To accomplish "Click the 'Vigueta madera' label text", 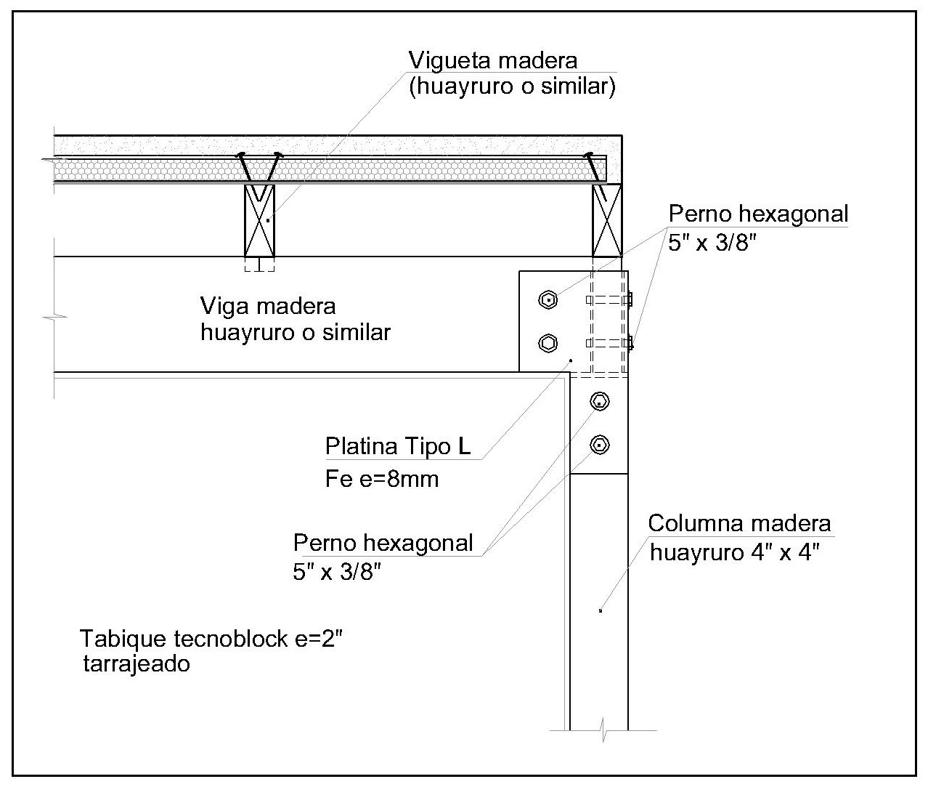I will pos(493,60).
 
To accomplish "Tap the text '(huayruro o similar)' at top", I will pos(512,86).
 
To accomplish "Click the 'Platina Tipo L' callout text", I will pos(398,445).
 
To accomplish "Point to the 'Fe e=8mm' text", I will pos(382,480).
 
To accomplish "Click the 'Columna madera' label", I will pos(739,523).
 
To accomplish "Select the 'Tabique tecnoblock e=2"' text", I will pos(211,639).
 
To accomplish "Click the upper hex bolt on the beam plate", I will pos(549,299).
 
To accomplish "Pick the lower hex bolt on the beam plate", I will pos(549,343).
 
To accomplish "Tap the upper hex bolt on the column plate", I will pos(599,400).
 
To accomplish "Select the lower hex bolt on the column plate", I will pos(599,444).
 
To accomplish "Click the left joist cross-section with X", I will pos(259,219).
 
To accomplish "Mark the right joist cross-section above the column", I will pos(607,219).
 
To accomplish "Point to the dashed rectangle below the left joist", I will pos(259,265).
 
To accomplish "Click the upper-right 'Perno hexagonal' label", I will pos(758,214).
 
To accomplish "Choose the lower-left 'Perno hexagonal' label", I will pos(383,543).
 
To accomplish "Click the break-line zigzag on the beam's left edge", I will pos(55,316).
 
